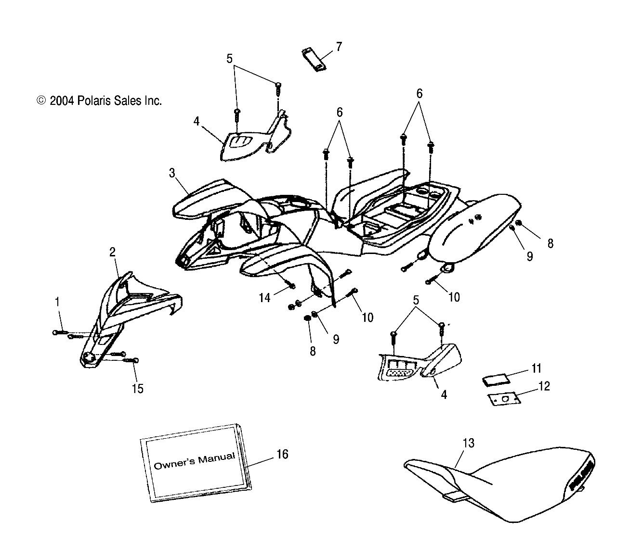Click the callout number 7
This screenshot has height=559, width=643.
[x=339, y=47]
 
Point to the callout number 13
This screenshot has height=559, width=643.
[x=468, y=443]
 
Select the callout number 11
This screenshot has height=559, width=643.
[x=537, y=368]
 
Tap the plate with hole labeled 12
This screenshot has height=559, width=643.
[x=503, y=399]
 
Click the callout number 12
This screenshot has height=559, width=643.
[x=544, y=386]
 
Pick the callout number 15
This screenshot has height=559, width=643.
[x=138, y=388]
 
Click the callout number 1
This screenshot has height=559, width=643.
[x=57, y=302]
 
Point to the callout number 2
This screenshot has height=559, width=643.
[x=112, y=252]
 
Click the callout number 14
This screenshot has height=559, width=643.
[x=264, y=298]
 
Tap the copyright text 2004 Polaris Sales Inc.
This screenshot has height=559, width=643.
[x=99, y=101]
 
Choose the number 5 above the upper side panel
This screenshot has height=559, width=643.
[x=229, y=59]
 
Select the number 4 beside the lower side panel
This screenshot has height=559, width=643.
[x=444, y=394]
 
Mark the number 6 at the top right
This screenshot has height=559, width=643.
[x=419, y=94]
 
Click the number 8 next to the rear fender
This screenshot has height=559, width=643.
[x=550, y=243]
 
